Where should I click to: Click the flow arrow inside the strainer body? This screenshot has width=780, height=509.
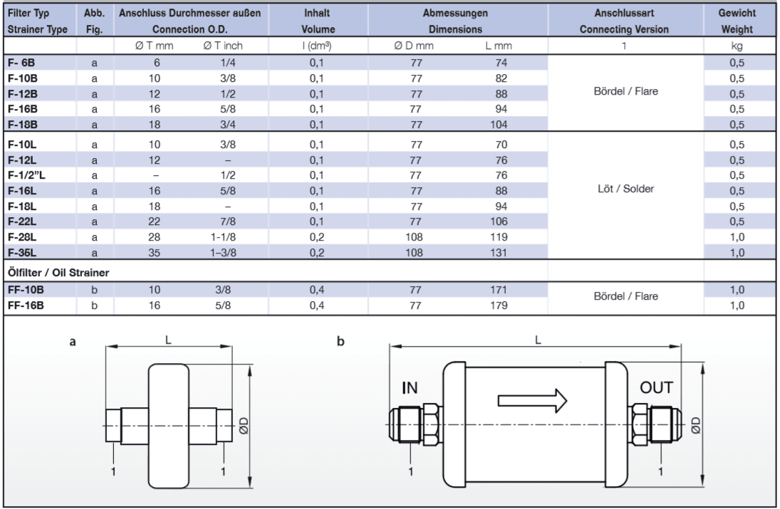point(531,399)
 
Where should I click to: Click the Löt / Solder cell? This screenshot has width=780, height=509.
point(623,190)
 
